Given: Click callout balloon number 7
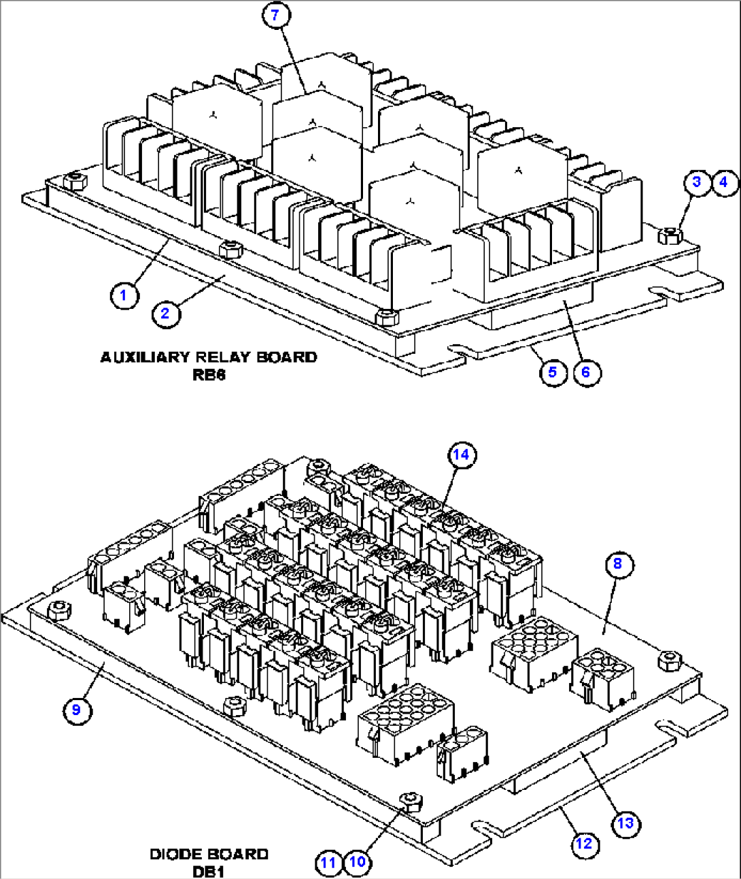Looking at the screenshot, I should click(x=275, y=16).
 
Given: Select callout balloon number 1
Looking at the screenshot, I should click(x=124, y=295).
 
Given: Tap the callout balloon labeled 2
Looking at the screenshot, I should click(x=165, y=314).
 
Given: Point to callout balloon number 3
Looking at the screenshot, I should click(x=696, y=182).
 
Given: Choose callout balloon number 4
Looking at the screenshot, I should click(x=723, y=182).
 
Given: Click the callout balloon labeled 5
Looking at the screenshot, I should click(x=553, y=371).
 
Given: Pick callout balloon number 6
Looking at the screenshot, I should click(x=586, y=371).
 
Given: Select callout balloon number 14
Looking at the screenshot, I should click(x=462, y=454).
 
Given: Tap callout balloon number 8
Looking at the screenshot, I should click(x=617, y=563).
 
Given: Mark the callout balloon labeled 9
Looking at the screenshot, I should click(x=76, y=710).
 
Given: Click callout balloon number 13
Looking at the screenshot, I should click(x=625, y=823).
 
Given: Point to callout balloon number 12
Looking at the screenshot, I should click(x=584, y=844).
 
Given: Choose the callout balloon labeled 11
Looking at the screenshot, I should click(x=329, y=863).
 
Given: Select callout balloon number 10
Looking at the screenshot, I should click(x=358, y=863).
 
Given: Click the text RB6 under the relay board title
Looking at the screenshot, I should click(x=209, y=375).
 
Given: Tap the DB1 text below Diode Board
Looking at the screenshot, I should click(x=208, y=872).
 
